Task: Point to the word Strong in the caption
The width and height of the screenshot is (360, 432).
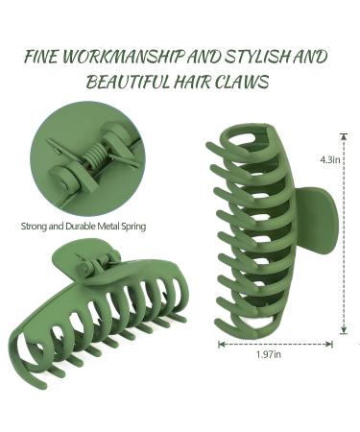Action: [36, 228]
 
